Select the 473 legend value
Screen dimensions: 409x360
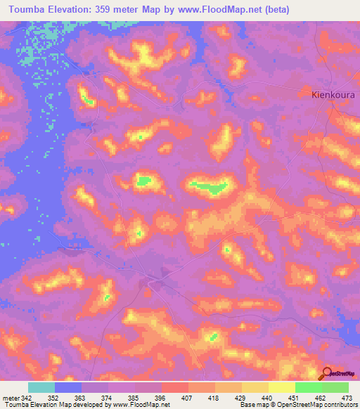348,398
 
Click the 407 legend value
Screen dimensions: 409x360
186,398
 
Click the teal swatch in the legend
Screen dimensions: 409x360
41,387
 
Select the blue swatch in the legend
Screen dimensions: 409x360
68,387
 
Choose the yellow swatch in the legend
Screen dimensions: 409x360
281,387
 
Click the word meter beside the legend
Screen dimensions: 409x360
10,398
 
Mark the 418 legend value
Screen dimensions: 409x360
213,398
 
